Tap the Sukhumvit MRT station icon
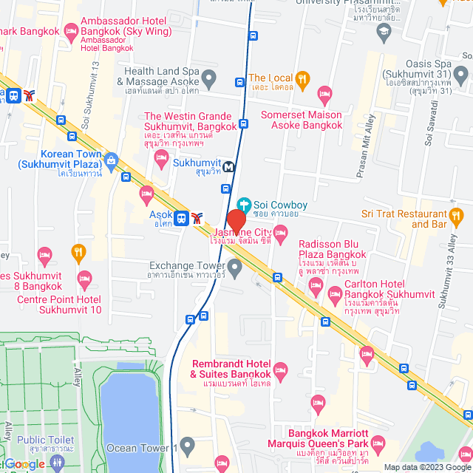click(229, 166)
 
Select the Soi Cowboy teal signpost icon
click(243, 203)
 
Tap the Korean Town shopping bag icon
click(112, 159)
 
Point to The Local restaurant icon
click(302, 78)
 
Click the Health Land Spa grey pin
click(209, 77)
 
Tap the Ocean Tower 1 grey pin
click(188, 446)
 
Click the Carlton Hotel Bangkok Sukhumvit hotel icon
click(315, 293)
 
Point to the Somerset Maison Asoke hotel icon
click(324, 94)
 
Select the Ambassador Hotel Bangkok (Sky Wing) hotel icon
click(72, 31)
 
